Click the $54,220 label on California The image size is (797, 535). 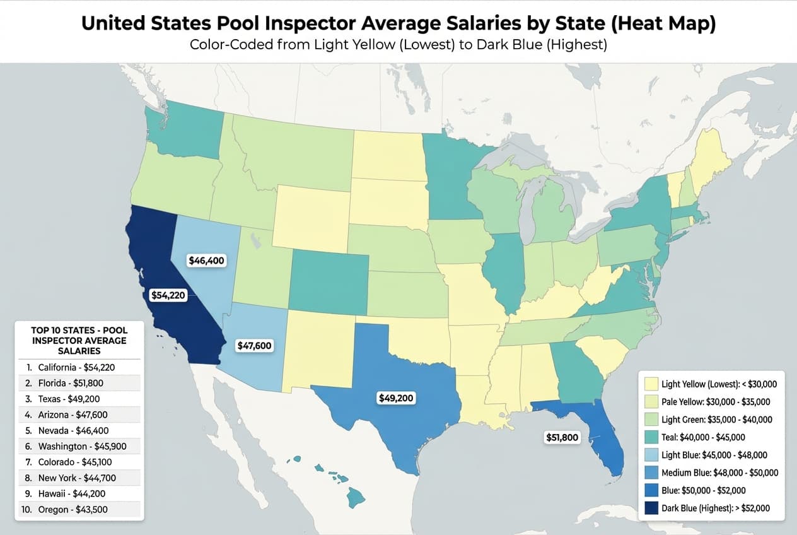[169, 295]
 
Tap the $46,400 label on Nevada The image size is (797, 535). [207, 260]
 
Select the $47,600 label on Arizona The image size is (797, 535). [254, 346]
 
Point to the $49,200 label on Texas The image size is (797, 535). [397, 398]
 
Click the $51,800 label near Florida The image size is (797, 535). [561, 437]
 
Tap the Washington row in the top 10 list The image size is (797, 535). [79, 446]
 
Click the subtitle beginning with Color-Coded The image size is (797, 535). [398, 45]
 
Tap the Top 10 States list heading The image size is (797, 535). [79, 340]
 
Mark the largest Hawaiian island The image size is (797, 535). [356, 499]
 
